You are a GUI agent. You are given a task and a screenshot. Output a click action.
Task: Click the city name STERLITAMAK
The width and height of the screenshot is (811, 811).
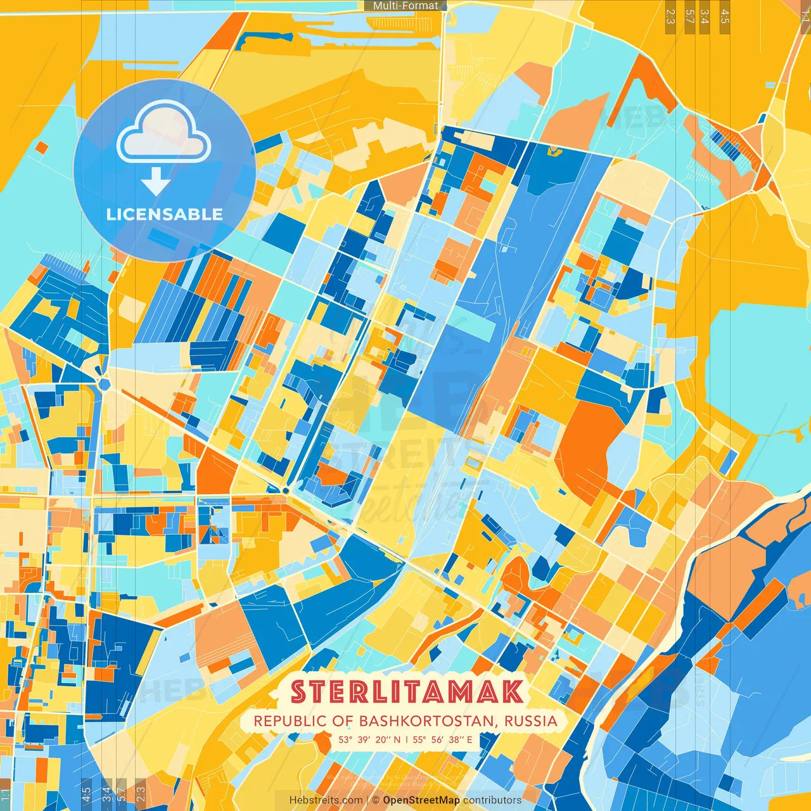pos(407,692)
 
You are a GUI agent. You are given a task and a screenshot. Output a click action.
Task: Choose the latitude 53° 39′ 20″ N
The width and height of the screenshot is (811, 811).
pos(369,739)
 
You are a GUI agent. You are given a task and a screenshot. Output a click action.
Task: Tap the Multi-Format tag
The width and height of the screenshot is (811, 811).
pos(405,6)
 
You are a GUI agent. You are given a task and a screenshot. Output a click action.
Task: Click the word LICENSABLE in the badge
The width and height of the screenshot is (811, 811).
pos(165,214)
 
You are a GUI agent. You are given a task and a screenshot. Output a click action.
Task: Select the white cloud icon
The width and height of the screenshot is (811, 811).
pos(163,131)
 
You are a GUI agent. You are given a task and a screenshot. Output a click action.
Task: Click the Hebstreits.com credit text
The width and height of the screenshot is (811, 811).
pos(326,800)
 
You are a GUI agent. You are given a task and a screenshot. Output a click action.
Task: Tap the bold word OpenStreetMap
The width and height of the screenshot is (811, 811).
pos(421,800)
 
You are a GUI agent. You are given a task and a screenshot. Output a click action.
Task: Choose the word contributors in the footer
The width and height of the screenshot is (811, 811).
pos(492,800)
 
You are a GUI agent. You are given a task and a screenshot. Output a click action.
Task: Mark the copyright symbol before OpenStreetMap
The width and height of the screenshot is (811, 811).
pos(376,800)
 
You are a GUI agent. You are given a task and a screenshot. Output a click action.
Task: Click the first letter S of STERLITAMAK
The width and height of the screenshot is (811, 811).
pos(300,692)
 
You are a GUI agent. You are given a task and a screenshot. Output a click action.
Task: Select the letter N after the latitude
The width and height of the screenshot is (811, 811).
pos(397,739)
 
